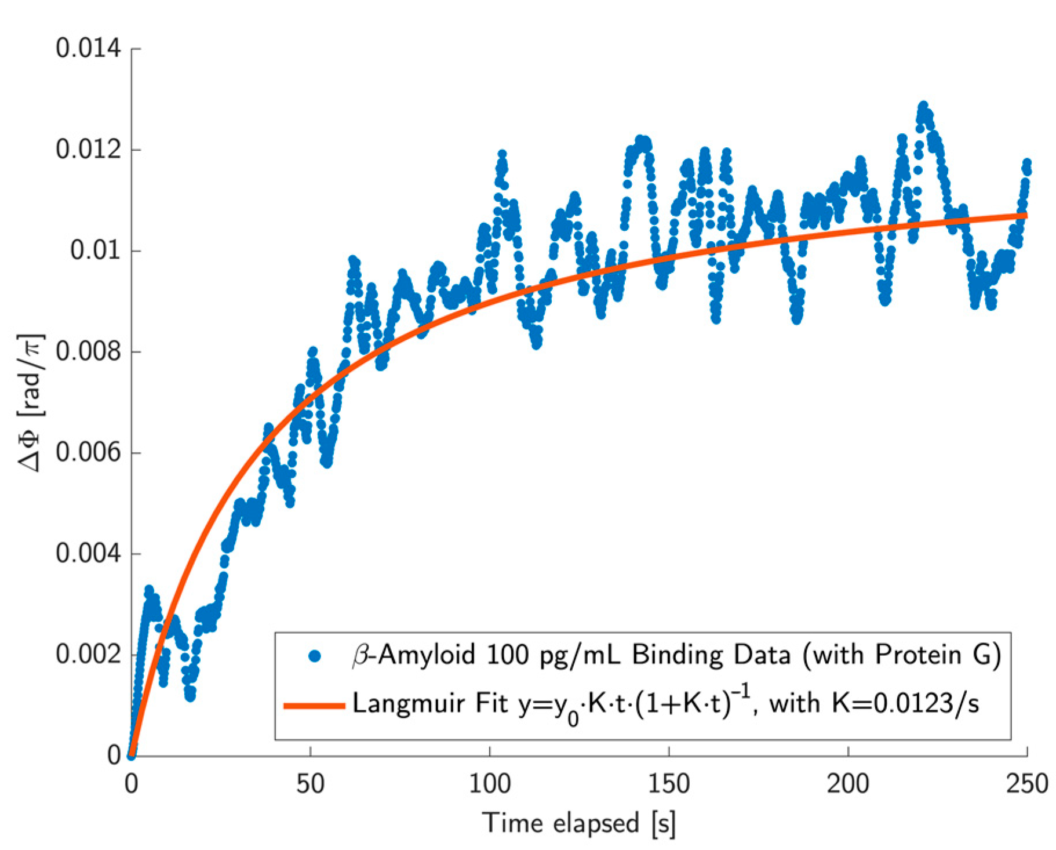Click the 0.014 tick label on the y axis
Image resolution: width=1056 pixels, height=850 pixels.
[x=88, y=48]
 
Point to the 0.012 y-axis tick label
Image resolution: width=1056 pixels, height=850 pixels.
[x=88, y=150]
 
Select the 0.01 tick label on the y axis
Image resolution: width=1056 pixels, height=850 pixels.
[x=96, y=250]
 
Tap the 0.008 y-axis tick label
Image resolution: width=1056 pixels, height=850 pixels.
[x=88, y=351]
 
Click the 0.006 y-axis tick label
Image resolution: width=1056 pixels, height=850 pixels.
[x=88, y=452]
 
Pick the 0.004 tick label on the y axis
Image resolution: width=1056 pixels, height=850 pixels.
[x=88, y=553]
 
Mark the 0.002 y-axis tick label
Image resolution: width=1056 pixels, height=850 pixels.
[x=88, y=654]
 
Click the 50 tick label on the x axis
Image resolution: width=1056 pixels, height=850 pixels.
[x=310, y=784]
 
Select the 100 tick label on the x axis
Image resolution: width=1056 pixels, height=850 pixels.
[x=489, y=784]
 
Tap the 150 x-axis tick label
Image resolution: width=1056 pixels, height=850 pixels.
[x=668, y=784]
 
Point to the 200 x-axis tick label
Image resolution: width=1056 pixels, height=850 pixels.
[x=847, y=784]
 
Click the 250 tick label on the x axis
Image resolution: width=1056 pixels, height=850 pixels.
[x=1026, y=784]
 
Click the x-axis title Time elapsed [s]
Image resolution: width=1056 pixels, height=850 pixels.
[x=579, y=823]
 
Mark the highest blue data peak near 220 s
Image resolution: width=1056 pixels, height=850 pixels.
[x=922, y=106]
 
